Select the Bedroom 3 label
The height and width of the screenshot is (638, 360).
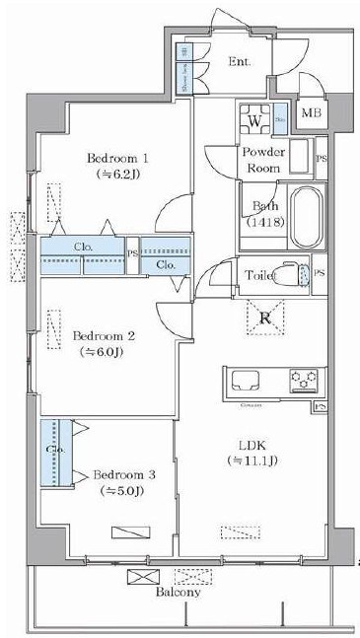(123, 475)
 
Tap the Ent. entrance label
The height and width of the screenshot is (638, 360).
(239, 61)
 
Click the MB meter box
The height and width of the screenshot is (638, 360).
(311, 113)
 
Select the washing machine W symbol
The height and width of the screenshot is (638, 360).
(254, 119)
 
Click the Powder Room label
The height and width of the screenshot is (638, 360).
(263, 160)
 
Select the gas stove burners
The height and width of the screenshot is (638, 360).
(302, 379)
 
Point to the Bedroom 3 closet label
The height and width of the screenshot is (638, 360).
(54, 449)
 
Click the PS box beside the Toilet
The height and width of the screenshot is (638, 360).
(320, 272)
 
